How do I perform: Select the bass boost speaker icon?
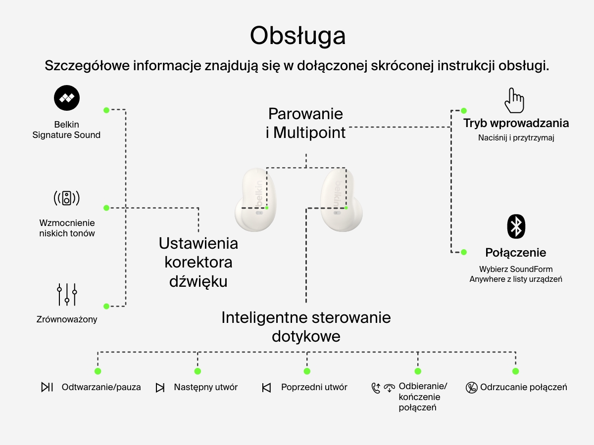click(x=66, y=198)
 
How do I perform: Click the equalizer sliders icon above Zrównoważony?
click(x=67, y=294)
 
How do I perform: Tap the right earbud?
click(x=338, y=200)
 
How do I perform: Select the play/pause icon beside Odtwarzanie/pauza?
click(x=47, y=387)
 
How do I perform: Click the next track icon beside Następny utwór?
click(x=160, y=388)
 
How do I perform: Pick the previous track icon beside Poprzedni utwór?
click(x=266, y=388)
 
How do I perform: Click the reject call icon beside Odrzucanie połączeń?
click(x=472, y=388)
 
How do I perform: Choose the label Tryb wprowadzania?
click(x=516, y=123)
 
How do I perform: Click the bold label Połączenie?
click(x=516, y=253)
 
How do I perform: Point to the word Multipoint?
click(x=309, y=133)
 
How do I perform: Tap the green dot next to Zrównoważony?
click(x=106, y=306)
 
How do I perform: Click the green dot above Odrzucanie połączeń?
click(x=515, y=371)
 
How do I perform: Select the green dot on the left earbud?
click(x=267, y=208)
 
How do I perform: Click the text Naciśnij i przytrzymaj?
click(x=516, y=138)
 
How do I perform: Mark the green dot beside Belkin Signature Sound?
click(x=106, y=110)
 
